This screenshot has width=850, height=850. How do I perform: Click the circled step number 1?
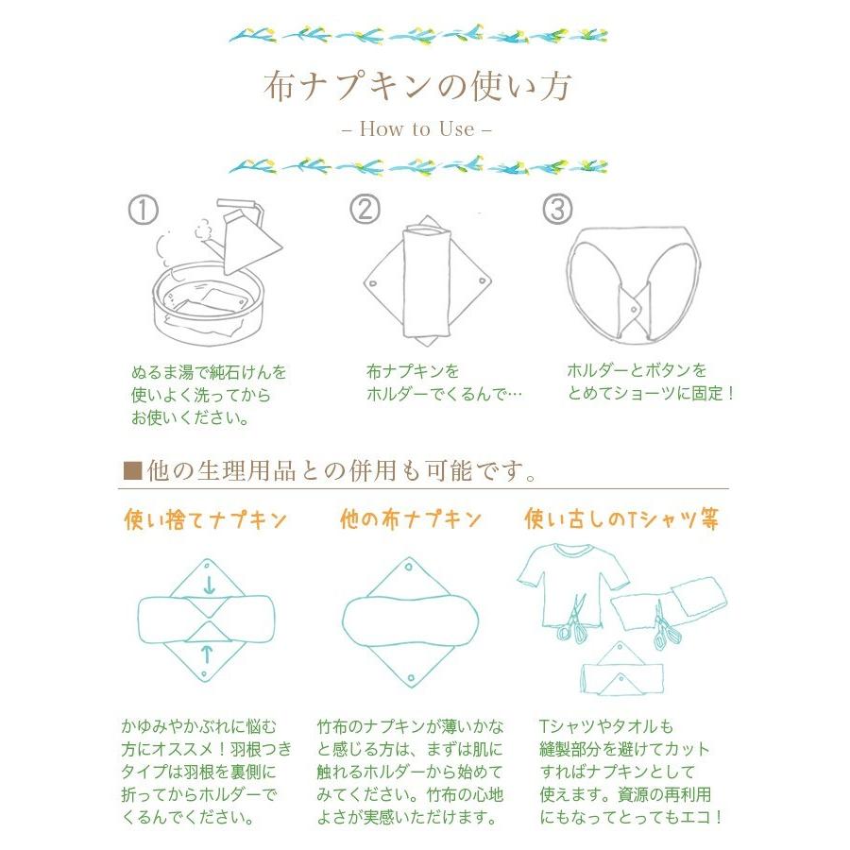point(144,210)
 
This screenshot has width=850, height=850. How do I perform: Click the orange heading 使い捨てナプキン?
point(206,519)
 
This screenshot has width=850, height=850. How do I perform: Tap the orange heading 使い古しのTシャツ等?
point(620,519)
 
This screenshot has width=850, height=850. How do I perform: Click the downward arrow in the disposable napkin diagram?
point(208,586)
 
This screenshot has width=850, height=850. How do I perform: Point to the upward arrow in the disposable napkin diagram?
point(208,651)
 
